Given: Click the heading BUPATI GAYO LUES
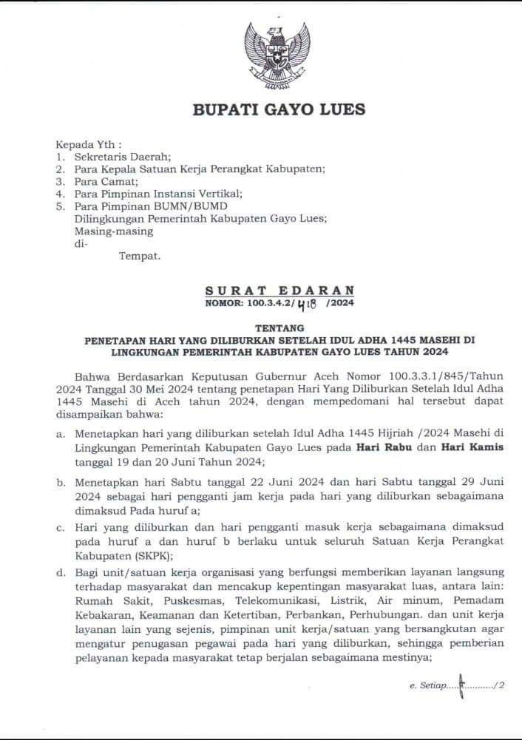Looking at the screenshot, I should (279, 110).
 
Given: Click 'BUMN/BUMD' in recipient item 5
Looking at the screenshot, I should (198, 206).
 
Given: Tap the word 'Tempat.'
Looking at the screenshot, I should (139, 256).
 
